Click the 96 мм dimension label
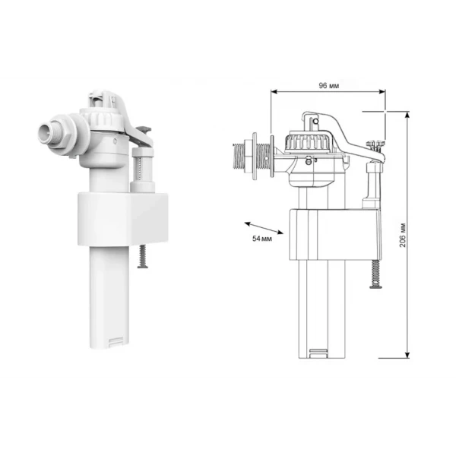point(328,85)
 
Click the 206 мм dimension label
point(403,235)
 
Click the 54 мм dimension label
point(262,239)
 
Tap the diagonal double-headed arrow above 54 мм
point(264,228)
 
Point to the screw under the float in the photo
point(143,256)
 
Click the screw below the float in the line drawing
point(375,274)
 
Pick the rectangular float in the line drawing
point(335,234)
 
